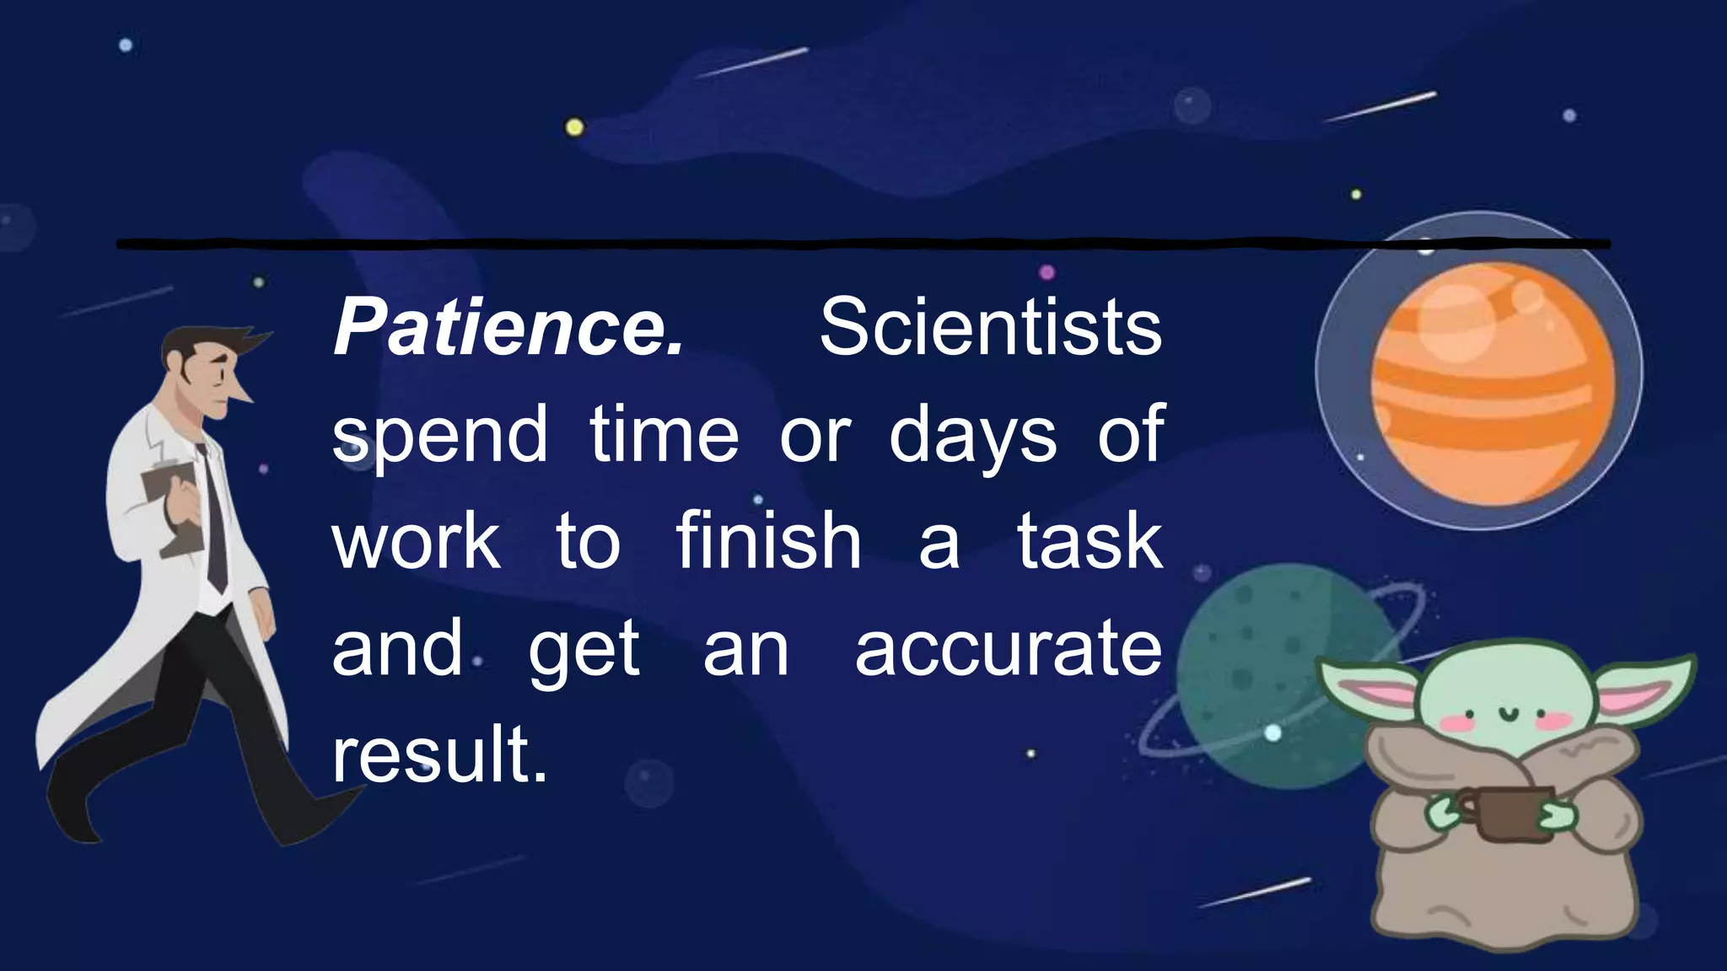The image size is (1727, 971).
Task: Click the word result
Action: click(439, 754)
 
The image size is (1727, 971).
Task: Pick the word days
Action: click(972, 437)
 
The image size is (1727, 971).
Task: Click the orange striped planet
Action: click(1493, 384)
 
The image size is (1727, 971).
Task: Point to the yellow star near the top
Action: click(574, 127)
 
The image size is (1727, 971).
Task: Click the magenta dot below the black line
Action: click(1046, 272)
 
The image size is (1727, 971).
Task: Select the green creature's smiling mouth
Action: click(1506, 716)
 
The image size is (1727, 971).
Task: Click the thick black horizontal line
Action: click(843, 244)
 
